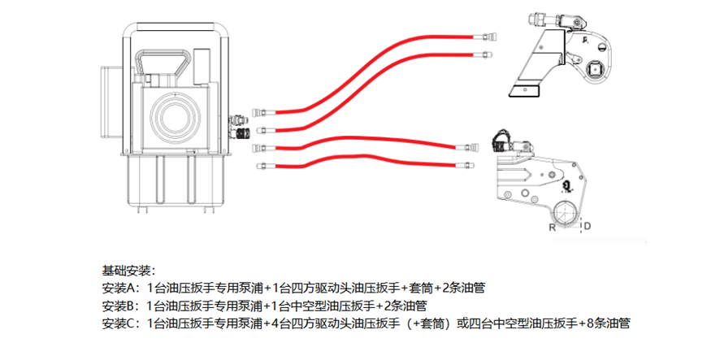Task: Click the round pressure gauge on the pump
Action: [176, 115]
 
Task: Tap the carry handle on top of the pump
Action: [166, 64]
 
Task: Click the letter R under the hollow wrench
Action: [553, 227]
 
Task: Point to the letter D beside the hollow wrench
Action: [587, 227]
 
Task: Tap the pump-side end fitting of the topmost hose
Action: [259, 111]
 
